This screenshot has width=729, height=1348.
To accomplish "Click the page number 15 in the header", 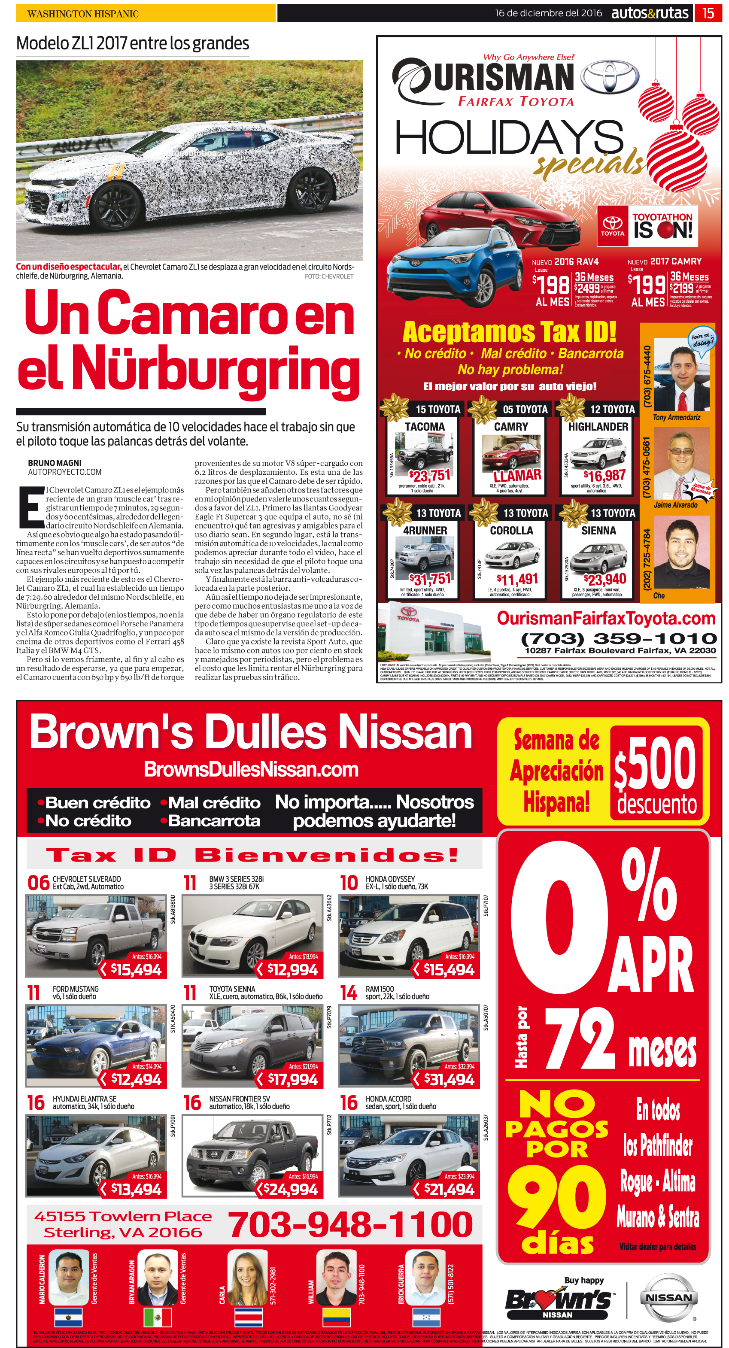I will coord(708,13).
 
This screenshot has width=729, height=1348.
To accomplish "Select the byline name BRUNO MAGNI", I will coord(55,463).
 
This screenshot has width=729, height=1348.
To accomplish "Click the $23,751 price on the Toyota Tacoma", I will coord(429,475).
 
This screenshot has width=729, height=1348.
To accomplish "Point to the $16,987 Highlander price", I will coord(604,475).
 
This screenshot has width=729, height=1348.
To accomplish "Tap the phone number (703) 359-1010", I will coord(619,638).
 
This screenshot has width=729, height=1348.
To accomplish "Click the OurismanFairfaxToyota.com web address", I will coord(605,618).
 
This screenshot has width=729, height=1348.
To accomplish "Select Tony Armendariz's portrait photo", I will coord(682,374).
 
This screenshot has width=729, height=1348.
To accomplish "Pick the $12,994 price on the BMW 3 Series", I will coord(292,970).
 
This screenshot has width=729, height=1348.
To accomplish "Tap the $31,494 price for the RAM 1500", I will coord(449,1080).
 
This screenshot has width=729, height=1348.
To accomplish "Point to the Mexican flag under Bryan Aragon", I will coord(158,1317).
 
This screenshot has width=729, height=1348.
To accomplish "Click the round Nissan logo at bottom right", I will coord(668,1298).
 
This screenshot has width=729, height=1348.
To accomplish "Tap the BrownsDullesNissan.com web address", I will coord(251,769).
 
